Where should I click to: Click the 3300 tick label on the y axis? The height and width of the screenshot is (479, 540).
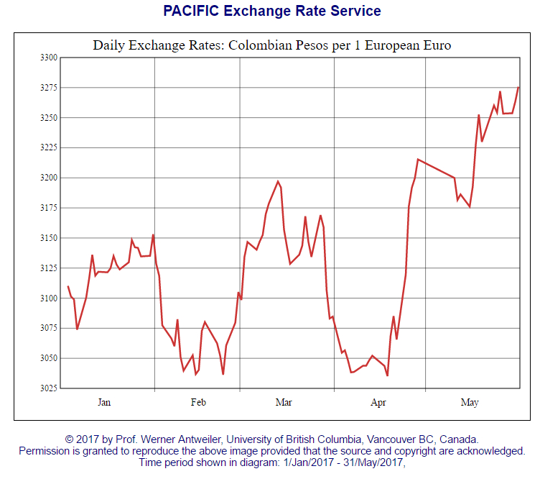[48, 57]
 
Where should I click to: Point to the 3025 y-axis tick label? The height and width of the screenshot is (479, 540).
[48, 388]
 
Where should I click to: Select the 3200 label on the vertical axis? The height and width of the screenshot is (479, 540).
[48, 178]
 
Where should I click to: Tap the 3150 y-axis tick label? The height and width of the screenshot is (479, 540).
[48, 238]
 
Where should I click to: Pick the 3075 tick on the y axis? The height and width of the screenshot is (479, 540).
[48, 328]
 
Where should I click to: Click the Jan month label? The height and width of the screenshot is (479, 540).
[104, 403]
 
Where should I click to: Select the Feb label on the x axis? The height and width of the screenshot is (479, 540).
[198, 403]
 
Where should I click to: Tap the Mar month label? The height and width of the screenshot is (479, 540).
[284, 403]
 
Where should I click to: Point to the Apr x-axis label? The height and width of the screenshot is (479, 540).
[378, 403]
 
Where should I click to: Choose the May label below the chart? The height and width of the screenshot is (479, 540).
[469, 403]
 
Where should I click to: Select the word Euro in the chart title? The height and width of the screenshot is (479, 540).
[437, 45]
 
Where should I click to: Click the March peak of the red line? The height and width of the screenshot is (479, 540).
[278, 181]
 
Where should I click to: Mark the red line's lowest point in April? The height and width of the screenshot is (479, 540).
[387, 375]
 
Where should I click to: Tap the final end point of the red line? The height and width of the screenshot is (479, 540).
[518, 87]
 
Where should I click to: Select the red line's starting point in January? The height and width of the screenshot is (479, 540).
[68, 286]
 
